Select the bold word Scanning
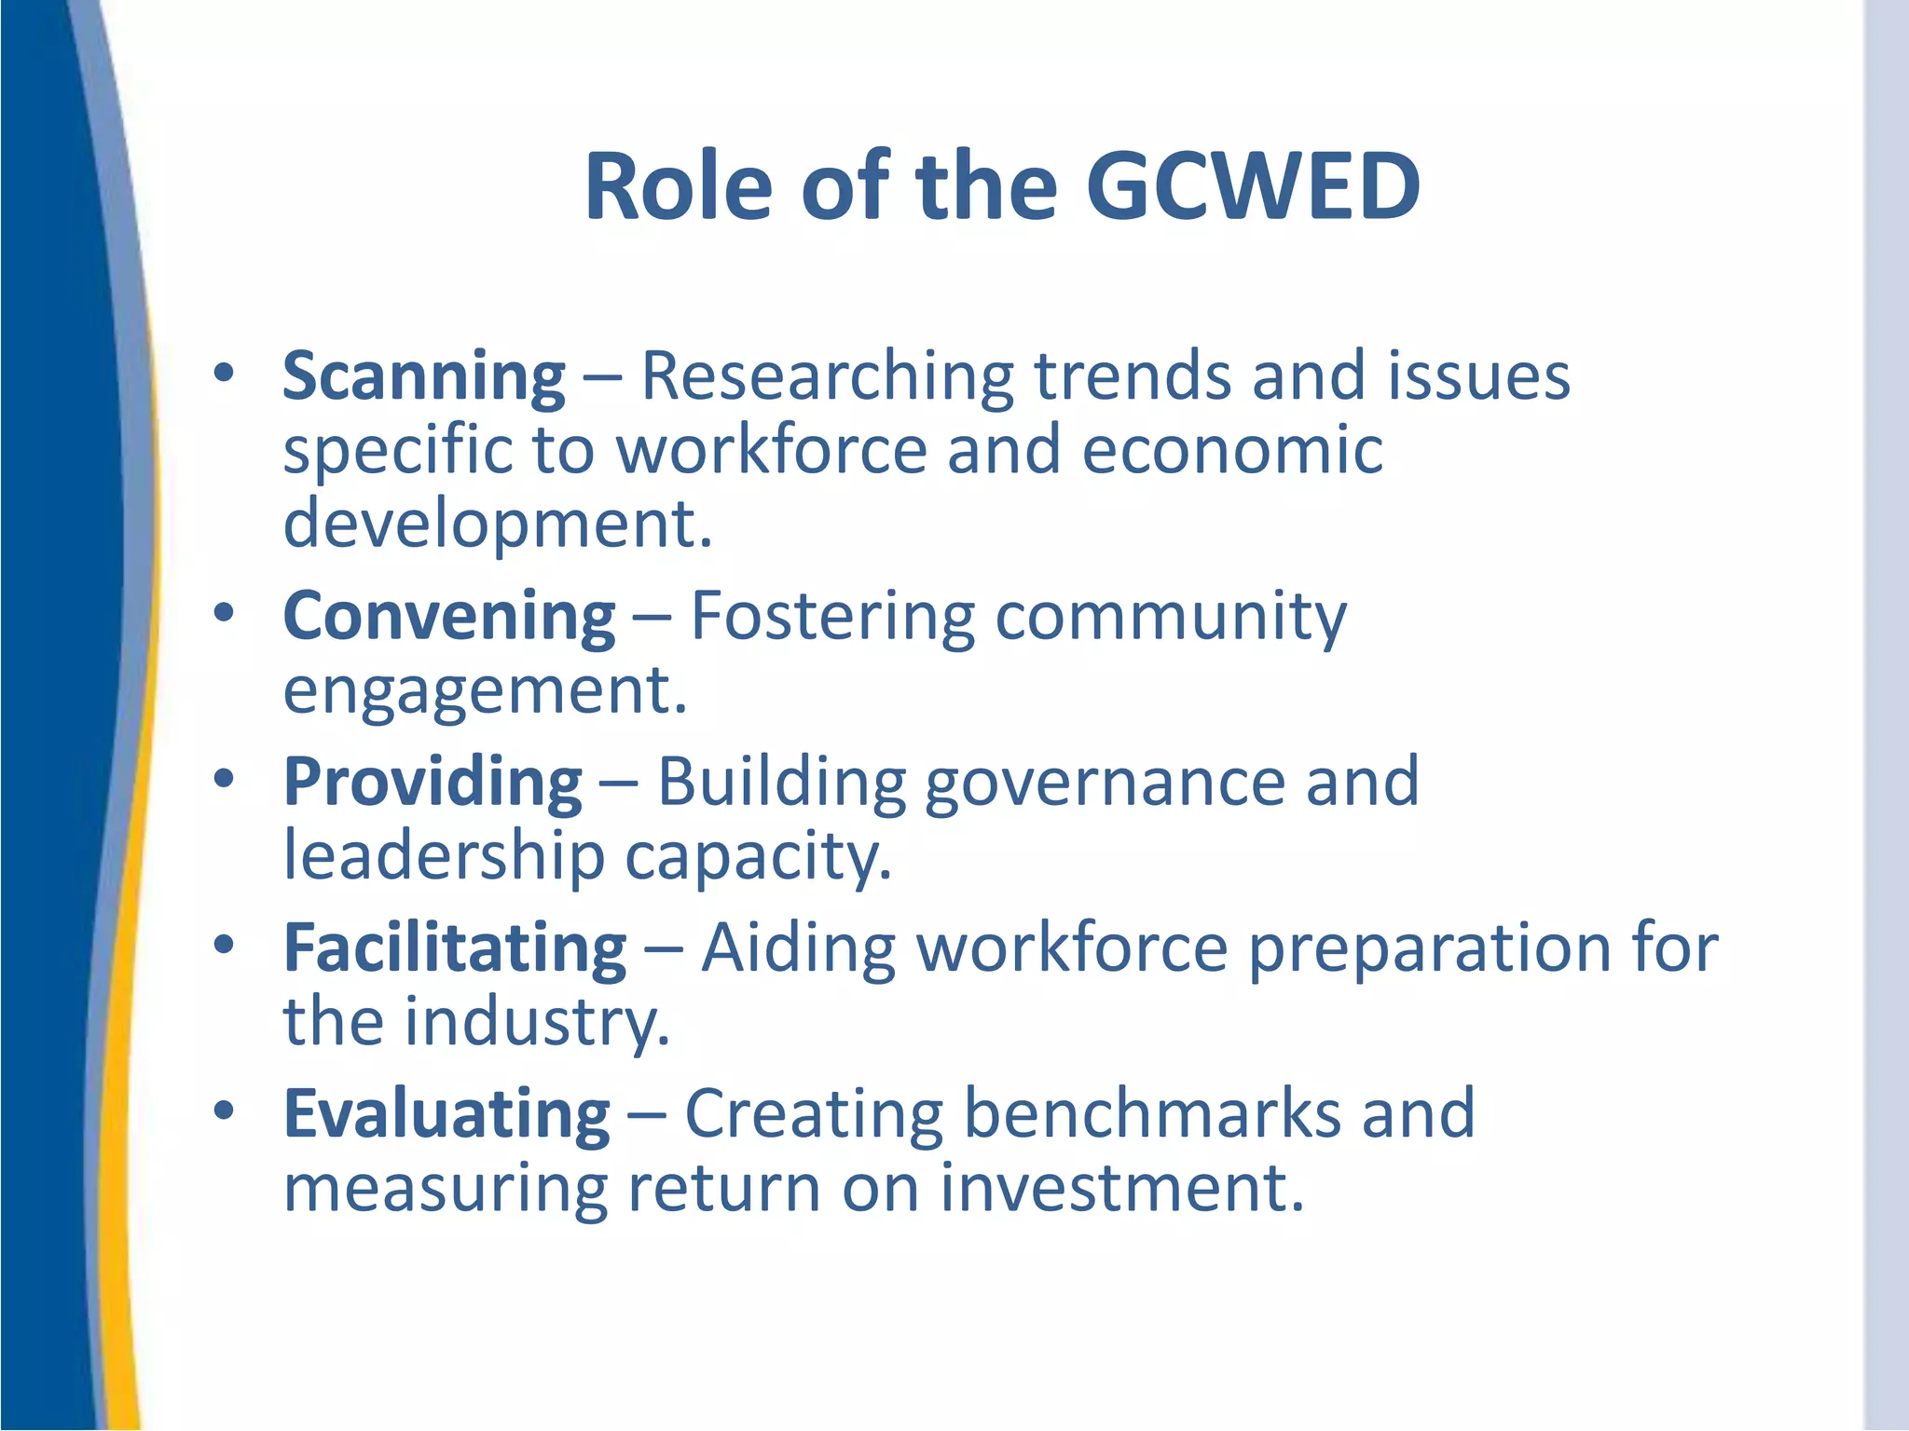coord(424,377)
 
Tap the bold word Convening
coord(449,618)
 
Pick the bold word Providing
coord(433,783)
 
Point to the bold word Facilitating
coord(455,948)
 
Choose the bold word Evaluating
coord(446,1114)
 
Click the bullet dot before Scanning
coord(224,374)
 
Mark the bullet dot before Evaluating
coord(224,1111)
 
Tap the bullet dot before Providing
coord(224,779)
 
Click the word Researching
coord(828,377)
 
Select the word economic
coord(1232,450)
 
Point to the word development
coord(498,525)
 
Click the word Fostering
coord(832,618)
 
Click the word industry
coord(537,1023)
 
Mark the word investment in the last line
coord(1121,1189)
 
